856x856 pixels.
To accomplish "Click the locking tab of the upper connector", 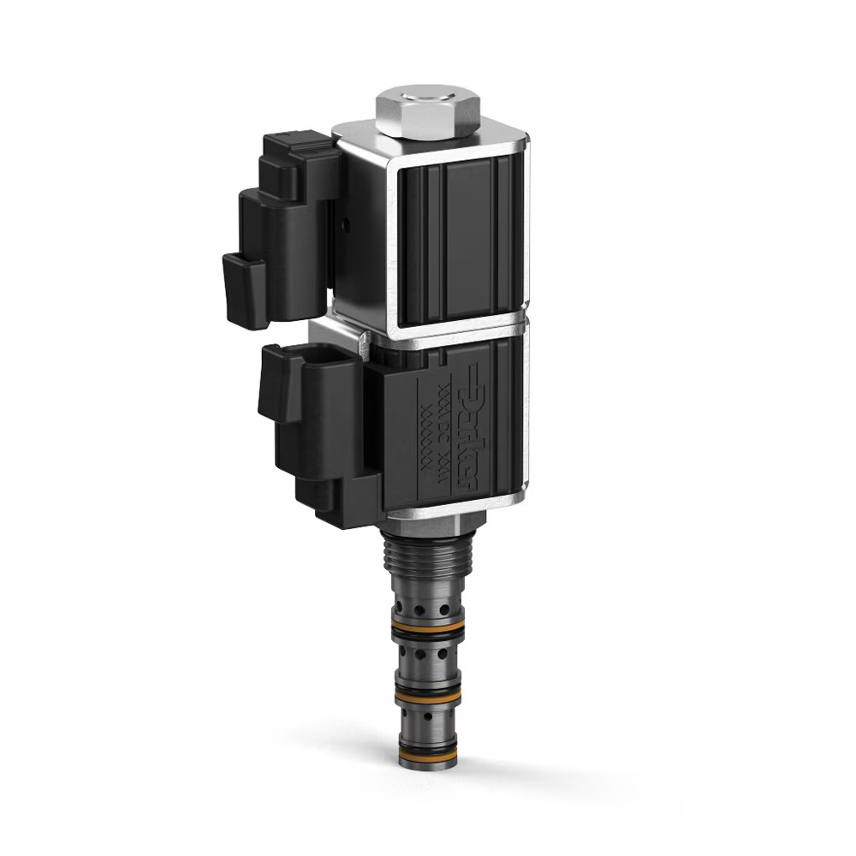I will (x=244, y=291).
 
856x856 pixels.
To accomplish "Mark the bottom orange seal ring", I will (x=427, y=752).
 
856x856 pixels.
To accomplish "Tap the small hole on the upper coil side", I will (x=345, y=226).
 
